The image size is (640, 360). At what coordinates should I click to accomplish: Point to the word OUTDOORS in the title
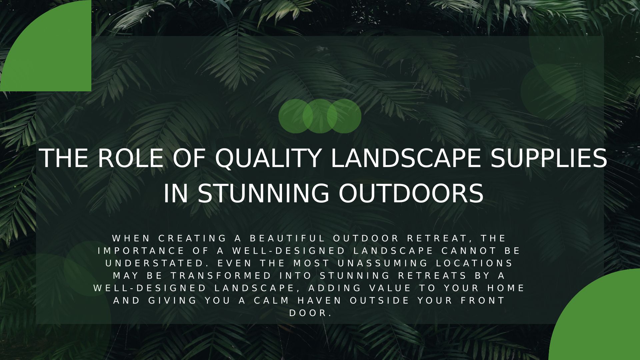click(x=411, y=193)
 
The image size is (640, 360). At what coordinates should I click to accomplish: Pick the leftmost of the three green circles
click(x=296, y=116)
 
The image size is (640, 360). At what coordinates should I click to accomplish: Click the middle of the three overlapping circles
click(x=320, y=116)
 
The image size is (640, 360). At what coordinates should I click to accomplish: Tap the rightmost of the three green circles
click(x=344, y=116)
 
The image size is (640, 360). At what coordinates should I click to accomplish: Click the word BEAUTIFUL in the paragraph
click(x=287, y=238)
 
